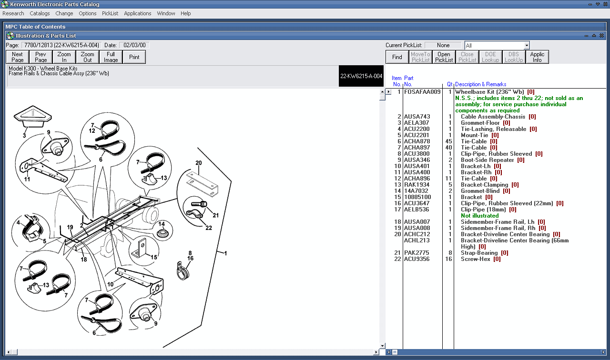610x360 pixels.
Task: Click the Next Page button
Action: [x=18, y=57]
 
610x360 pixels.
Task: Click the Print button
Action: [x=134, y=57]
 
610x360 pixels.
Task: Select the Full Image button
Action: [x=111, y=57]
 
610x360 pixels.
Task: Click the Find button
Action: [x=397, y=57]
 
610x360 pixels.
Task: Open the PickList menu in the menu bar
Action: [x=110, y=13]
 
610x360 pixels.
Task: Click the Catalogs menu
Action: [x=40, y=13]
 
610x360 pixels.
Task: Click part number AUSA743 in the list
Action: [x=417, y=117]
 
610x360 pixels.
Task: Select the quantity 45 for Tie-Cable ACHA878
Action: [x=448, y=141]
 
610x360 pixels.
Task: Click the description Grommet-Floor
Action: [x=480, y=123]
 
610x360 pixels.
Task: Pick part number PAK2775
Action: [x=416, y=253]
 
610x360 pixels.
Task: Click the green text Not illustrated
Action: [x=479, y=216]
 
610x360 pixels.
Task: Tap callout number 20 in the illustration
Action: [x=199, y=163]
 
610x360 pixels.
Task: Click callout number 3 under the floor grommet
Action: [x=24, y=135]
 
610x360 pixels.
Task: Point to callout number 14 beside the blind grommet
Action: [x=162, y=224]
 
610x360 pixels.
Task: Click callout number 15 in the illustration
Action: [x=154, y=258]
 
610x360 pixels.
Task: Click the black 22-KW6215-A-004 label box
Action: [x=361, y=76]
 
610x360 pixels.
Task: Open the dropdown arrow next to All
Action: [x=527, y=45]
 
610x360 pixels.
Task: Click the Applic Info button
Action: [x=537, y=57]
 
